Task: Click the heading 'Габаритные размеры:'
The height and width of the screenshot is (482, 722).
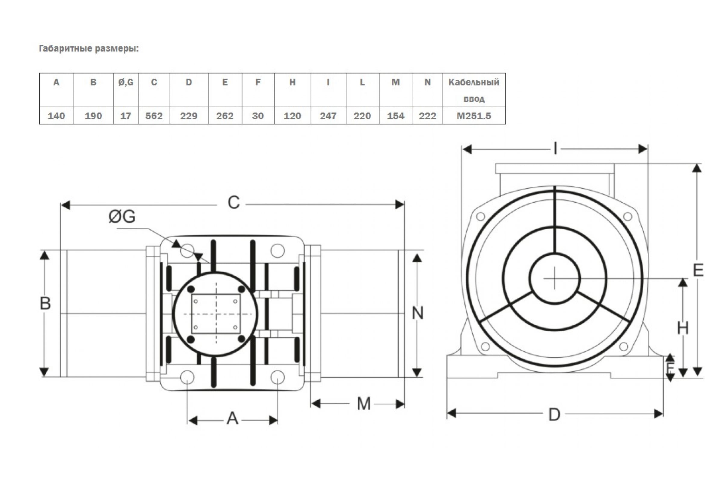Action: [x=89, y=49]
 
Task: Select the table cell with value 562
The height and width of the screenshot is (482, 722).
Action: [x=154, y=116]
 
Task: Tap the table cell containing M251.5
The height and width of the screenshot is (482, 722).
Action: [x=474, y=116]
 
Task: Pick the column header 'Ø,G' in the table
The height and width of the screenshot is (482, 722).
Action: [x=126, y=82]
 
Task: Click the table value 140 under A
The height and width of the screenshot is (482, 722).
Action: [x=57, y=116]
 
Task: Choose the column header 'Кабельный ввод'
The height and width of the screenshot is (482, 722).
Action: [x=474, y=90]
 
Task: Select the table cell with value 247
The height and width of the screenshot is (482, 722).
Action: [x=328, y=116]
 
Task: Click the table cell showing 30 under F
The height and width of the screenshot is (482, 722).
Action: [x=258, y=116]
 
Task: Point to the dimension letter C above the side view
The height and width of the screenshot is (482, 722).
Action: [x=234, y=202]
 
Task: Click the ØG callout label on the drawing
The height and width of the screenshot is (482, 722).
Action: [x=122, y=216]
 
